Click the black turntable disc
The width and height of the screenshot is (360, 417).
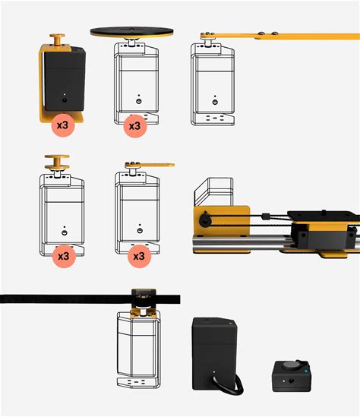(x=132, y=31)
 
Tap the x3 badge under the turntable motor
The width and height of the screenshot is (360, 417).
(x=135, y=126)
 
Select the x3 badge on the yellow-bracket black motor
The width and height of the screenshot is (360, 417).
(x=63, y=125)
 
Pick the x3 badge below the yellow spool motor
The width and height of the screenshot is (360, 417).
(x=64, y=257)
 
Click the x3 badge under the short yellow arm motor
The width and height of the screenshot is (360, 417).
(x=139, y=257)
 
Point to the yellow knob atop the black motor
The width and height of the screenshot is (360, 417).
(x=57, y=39)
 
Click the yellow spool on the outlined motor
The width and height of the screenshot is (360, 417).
(x=57, y=163)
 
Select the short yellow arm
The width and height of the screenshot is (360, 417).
(x=150, y=165)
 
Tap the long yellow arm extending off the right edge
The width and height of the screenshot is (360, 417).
(x=280, y=36)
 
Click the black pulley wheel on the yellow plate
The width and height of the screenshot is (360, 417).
(x=205, y=220)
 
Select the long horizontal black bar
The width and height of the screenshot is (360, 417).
(x=90, y=299)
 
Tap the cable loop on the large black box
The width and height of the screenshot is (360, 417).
(x=229, y=383)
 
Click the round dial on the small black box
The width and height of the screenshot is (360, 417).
(x=289, y=365)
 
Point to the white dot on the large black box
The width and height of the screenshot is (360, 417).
(x=214, y=371)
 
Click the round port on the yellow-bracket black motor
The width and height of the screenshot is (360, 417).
(x=65, y=100)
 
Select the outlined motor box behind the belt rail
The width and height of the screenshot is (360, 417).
(x=213, y=191)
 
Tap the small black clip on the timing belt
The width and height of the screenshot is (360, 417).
(x=265, y=216)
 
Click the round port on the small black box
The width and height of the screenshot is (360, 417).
(x=292, y=381)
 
